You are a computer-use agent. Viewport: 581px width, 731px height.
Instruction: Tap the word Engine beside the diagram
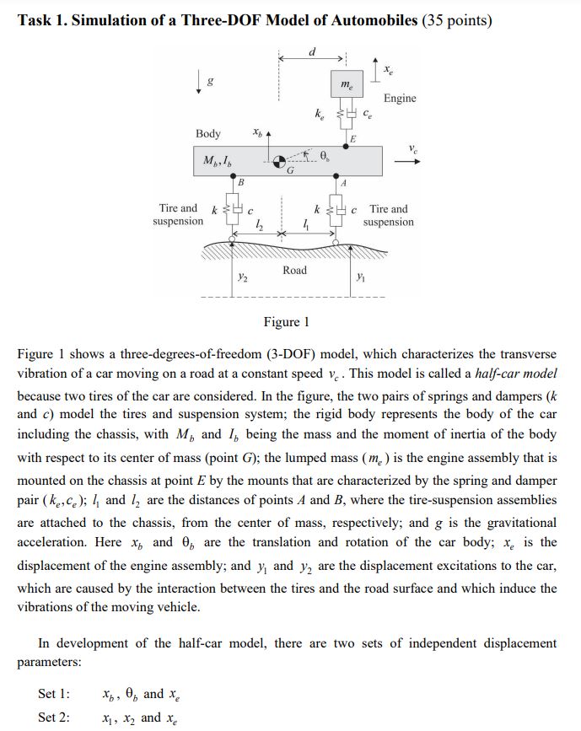[400, 99]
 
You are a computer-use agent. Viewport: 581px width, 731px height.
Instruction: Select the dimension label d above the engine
[313, 51]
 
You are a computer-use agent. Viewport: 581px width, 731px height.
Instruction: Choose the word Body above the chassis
[208, 134]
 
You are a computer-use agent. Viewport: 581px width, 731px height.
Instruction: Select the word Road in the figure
[295, 270]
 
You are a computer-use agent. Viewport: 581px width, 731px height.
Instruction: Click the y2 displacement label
[242, 277]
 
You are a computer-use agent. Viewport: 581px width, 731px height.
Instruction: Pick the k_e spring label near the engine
[319, 112]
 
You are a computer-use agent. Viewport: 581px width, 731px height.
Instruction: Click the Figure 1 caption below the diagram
[287, 322]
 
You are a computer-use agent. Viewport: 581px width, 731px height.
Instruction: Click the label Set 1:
[55, 694]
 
